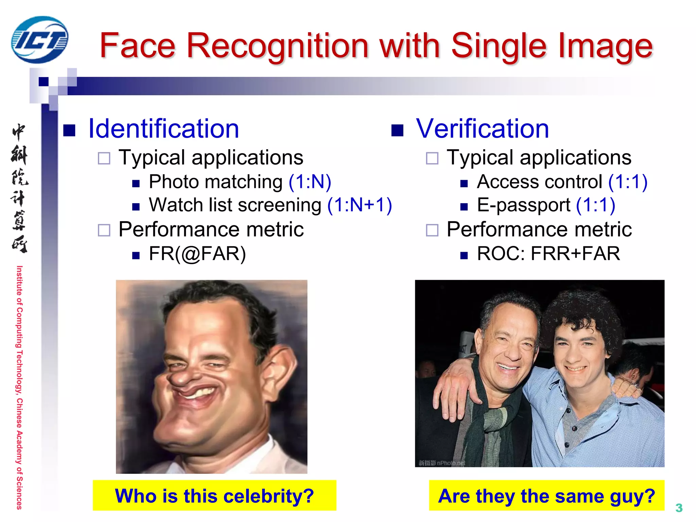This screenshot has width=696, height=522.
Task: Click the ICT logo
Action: [x=39, y=40]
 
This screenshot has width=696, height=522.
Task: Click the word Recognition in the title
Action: [x=277, y=46]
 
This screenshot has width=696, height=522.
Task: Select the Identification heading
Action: [x=163, y=129]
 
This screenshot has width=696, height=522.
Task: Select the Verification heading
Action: [x=483, y=129]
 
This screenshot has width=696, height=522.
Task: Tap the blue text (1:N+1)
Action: [x=360, y=205]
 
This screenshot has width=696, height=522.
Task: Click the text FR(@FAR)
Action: [x=197, y=254]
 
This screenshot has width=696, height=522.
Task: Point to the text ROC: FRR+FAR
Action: [x=548, y=254]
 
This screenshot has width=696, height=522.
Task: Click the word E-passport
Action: [x=523, y=205]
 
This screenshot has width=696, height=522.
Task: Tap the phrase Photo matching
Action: [x=215, y=182]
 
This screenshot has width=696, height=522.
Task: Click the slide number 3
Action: [x=679, y=508]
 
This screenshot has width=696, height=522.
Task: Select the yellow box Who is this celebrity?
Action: [x=214, y=495]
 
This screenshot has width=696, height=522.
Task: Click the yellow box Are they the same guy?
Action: [x=546, y=495]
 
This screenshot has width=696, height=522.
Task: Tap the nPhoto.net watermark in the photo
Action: [x=442, y=463]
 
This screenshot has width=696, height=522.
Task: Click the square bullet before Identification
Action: [x=69, y=130]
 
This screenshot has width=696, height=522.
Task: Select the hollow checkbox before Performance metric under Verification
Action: [x=432, y=230]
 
